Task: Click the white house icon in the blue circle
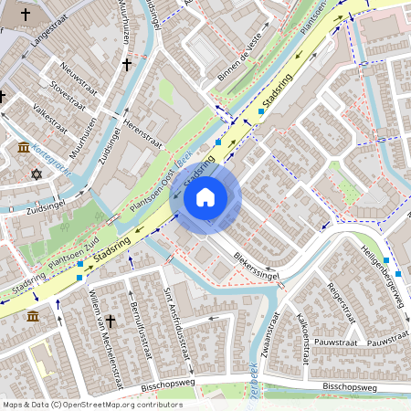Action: pyautogui.click(x=205, y=196)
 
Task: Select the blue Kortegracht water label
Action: pyautogui.click(x=53, y=153)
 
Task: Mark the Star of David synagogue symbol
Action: pyautogui.click(x=37, y=174)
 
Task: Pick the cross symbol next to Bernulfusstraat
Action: pyautogui.click(x=111, y=321)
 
